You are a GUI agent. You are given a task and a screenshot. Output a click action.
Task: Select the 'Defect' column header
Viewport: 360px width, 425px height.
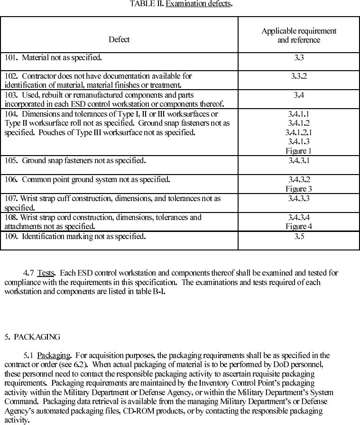click(119, 39)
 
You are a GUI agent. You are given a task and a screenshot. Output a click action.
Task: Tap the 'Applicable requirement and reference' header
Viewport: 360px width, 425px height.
click(299, 36)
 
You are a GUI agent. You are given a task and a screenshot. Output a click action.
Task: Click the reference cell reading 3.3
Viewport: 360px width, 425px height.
click(299, 58)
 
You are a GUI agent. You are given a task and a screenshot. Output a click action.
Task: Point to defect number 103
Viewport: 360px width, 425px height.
click(11, 95)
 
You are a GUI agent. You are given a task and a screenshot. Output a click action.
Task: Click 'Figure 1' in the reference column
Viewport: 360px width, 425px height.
click(299, 151)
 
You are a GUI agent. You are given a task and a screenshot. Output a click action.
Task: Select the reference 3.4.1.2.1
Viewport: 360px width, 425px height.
click(299, 132)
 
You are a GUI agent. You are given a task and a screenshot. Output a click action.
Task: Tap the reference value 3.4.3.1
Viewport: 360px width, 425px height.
click(299, 160)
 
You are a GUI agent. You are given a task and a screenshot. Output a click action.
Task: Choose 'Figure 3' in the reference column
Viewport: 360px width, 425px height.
click(299, 189)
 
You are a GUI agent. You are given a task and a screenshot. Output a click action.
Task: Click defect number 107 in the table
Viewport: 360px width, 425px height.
click(11, 198)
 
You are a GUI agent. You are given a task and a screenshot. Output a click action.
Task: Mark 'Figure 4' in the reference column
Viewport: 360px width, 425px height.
click(299, 226)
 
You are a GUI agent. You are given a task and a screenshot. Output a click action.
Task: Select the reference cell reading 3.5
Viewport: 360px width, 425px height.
click(299, 236)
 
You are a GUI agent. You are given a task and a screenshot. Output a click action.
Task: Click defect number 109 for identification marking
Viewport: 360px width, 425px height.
click(11, 236)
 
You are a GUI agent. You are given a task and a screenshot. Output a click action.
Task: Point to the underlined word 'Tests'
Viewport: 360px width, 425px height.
click(46, 273)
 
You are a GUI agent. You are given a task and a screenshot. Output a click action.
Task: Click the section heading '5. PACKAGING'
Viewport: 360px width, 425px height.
click(32, 337)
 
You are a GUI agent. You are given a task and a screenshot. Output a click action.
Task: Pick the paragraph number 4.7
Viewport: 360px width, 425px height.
click(28, 273)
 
